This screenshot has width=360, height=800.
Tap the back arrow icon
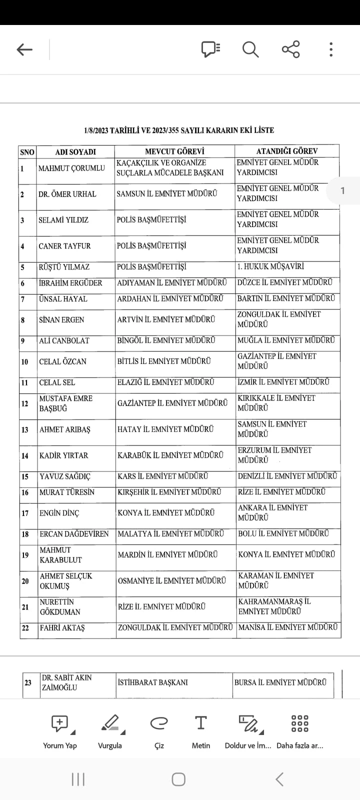tap(24, 49)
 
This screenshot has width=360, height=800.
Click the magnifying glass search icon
tap(250, 49)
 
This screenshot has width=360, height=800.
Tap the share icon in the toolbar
tap(290, 49)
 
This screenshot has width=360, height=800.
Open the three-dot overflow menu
tap(331, 49)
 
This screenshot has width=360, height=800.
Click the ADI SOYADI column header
tap(75, 152)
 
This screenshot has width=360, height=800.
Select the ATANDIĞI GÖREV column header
tap(287, 151)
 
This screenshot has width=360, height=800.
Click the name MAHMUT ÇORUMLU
tap(72, 168)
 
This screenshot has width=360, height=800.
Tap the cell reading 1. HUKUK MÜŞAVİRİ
tap(270, 266)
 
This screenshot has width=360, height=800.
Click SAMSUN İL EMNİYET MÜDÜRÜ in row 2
tap(167, 193)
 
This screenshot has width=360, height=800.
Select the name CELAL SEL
tap(57, 382)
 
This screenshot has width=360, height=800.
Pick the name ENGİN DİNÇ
tap(59, 513)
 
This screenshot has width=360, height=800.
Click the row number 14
tap(25, 455)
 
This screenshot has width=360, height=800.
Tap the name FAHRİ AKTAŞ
tap(62, 628)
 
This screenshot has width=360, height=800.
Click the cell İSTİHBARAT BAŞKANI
tap(153, 682)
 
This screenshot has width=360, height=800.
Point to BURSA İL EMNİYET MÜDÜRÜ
tap(280, 682)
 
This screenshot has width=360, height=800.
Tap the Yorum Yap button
tap(60, 731)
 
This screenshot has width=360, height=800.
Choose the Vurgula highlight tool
tap(110, 731)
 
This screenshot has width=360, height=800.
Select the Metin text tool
tap(200, 731)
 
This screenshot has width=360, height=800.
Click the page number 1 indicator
tap(342, 190)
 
